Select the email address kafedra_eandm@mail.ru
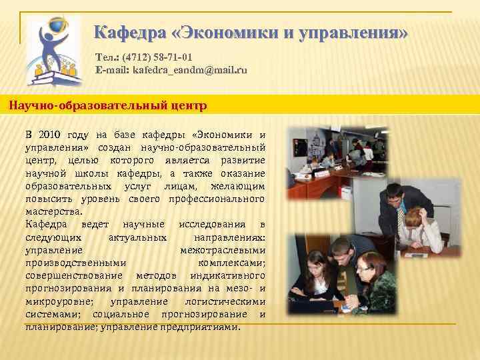tap(189, 69)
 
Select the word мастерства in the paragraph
tap(53, 211)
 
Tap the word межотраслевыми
tap(223, 250)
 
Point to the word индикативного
tap(227, 275)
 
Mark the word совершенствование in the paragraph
tap(74, 275)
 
